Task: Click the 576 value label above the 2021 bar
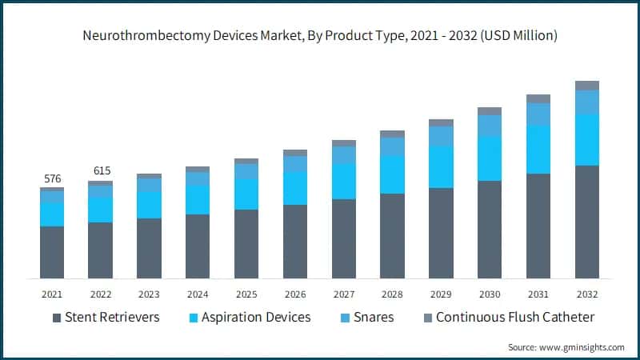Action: [x=52, y=178]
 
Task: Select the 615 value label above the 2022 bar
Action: [x=101, y=171]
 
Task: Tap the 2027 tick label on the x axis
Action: [x=344, y=294]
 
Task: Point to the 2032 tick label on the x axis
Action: [x=587, y=294]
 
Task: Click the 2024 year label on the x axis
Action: [x=198, y=294]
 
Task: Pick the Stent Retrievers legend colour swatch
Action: [x=56, y=318]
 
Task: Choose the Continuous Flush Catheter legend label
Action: [x=515, y=318]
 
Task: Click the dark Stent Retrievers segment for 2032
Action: [x=587, y=222]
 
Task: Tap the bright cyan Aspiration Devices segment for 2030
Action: [x=490, y=158]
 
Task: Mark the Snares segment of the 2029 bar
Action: [x=441, y=136]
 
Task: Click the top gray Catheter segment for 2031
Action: [x=538, y=98]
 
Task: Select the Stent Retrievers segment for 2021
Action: [x=52, y=252]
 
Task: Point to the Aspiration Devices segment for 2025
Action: [x=246, y=194]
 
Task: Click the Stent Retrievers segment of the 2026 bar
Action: [x=295, y=242]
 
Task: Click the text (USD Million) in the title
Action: [x=512, y=36]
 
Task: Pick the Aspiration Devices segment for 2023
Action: [x=149, y=205]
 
